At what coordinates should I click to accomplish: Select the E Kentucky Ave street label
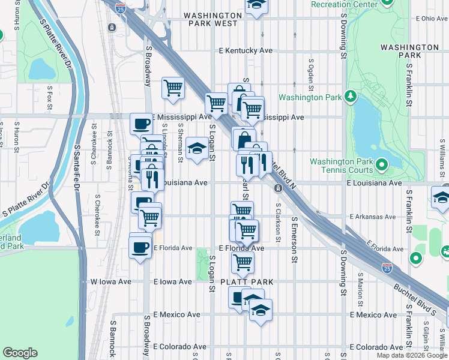pyautogui.click(x=246, y=51)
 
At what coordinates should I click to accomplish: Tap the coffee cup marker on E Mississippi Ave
pyautogui.click(x=141, y=124)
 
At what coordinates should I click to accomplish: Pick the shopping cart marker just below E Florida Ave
pyautogui.click(x=243, y=262)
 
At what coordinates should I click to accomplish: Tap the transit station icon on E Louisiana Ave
pyautogui.click(x=279, y=188)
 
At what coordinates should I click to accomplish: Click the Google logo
pyautogui.click(x=20, y=352)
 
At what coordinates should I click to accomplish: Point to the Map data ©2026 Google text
pyautogui.click(x=412, y=355)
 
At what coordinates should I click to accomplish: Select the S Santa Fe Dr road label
pyautogui.click(x=77, y=169)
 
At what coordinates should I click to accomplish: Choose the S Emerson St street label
pyautogui.click(x=295, y=239)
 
